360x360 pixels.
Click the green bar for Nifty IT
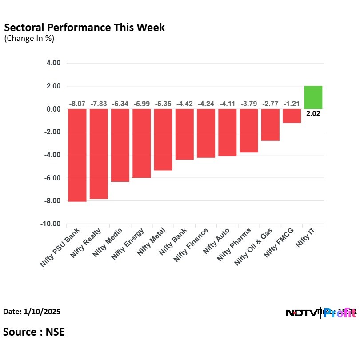(x=313, y=97)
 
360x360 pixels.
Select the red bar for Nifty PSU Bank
(x=77, y=155)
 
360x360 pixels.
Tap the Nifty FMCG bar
(x=292, y=116)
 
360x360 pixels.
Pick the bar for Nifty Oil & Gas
(x=270, y=125)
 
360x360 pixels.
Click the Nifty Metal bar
(x=163, y=140)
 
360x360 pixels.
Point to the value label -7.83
(x=99, y=104)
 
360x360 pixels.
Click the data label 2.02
(x=313, y=113)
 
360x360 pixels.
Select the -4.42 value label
(x=184, y=104)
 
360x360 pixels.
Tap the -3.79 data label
(x=249, y=104)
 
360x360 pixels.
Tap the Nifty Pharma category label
(x=234, y=244)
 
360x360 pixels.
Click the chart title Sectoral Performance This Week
(x=84, y=28)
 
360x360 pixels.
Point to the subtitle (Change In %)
(x=29, y=39)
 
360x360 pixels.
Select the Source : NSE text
(x=34, y=332)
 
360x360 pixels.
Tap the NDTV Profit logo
(x=320, y=312)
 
